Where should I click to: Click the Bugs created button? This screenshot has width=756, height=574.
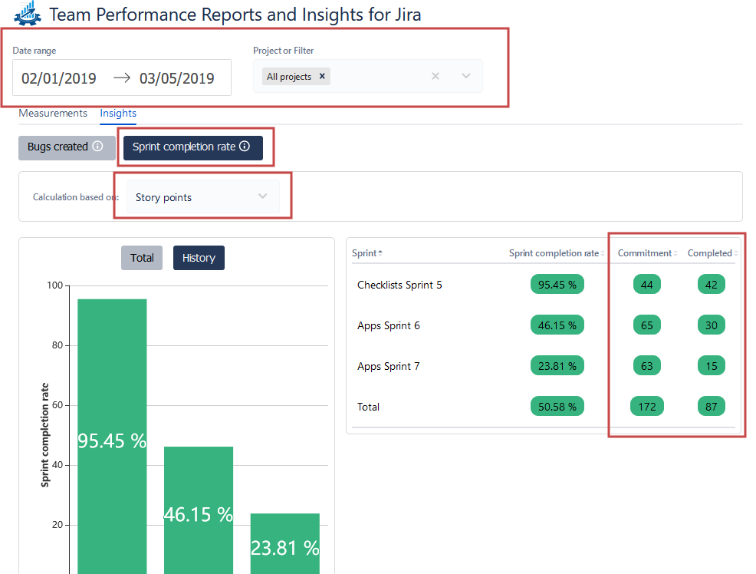coord(66,147)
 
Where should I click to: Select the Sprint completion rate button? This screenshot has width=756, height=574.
coord(192,147)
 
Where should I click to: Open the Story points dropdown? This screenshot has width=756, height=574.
coord(202,197)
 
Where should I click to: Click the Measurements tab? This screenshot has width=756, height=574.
coord(53,114)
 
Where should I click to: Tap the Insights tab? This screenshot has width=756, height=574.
coord(118,114)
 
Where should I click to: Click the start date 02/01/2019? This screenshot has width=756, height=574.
coord(59,78)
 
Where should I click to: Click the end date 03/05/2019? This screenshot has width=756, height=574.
coord(176,78)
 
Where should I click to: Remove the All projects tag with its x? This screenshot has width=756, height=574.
coord(322,77)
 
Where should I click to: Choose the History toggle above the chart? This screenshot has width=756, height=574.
coord(199,258)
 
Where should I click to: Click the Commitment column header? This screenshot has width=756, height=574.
coord(645,253)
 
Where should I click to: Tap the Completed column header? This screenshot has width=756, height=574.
coord(710,253)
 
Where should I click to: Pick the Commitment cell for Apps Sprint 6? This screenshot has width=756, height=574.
coord(647,325)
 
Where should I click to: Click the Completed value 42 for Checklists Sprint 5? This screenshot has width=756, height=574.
coord(712,285)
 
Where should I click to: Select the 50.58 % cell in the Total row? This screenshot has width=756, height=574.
coord(557,407)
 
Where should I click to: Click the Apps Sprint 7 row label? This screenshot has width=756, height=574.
coord(389,366)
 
